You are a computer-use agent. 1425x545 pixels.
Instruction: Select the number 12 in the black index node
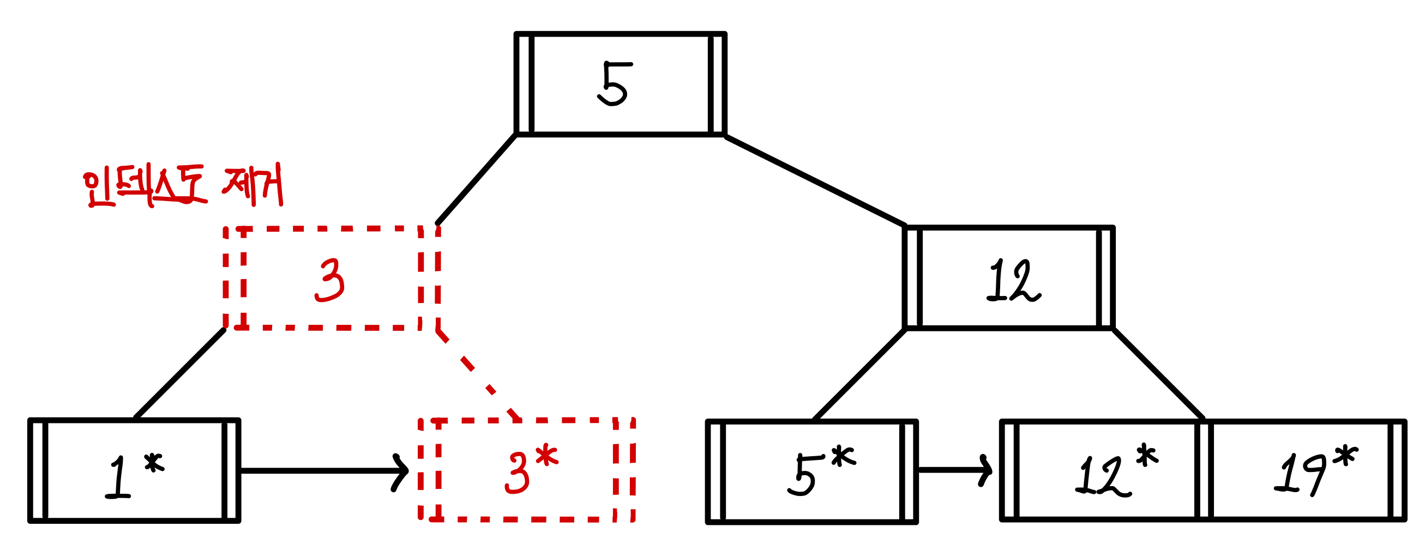coord(1012,281)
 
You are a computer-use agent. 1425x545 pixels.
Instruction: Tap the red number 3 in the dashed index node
coord(330,281)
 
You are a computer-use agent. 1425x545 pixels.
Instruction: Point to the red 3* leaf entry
coord(530,471)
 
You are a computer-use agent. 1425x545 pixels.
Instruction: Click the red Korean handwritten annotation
coord(183,186)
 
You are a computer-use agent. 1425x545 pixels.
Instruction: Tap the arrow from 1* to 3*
coord(323,471)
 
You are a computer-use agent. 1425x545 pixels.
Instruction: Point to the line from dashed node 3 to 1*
coord(180,374)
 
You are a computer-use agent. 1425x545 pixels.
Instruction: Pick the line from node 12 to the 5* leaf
coord(859,374)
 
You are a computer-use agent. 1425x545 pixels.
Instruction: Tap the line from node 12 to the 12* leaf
coord(1158,374)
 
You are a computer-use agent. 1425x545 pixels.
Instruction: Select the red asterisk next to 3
coord(547,456)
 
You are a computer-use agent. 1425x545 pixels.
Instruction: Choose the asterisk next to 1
coord(154,463)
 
